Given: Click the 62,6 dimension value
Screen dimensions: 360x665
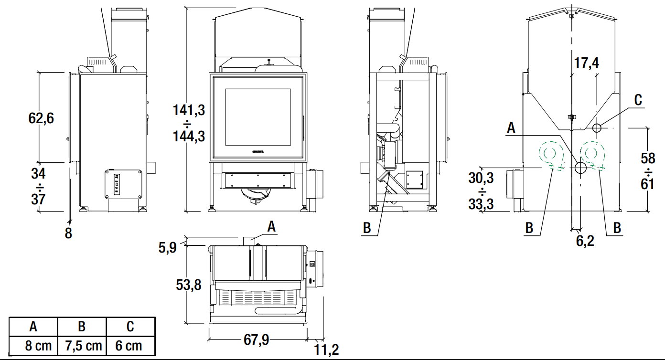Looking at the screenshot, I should click(41, 118).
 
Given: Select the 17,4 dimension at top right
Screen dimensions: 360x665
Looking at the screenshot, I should click(586, 63).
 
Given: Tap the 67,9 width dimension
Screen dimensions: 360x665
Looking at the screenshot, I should click(257, 340).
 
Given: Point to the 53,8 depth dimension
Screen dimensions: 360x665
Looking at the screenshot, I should click(189, 286).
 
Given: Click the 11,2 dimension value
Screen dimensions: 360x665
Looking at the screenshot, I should click(327, 350).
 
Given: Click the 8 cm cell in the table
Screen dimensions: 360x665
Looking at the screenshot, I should click(33, 346).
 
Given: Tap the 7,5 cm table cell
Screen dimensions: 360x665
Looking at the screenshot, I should click(82, 346).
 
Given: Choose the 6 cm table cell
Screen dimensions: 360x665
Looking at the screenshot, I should click(130, 346).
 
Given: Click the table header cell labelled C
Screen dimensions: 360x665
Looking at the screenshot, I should click(130, 327).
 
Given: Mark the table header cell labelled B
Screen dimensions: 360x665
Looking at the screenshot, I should click(82, 327).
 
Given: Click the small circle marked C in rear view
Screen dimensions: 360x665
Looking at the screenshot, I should click(597, 127).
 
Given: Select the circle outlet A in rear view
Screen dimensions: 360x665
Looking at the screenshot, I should click(581, 168).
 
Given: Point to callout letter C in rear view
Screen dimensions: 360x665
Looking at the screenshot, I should click(638, 100).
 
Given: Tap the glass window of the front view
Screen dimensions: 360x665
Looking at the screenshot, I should click(257, 117).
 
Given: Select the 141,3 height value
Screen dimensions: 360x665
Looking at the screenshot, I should click(189, 110).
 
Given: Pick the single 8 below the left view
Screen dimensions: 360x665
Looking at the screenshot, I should click(68, 233).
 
